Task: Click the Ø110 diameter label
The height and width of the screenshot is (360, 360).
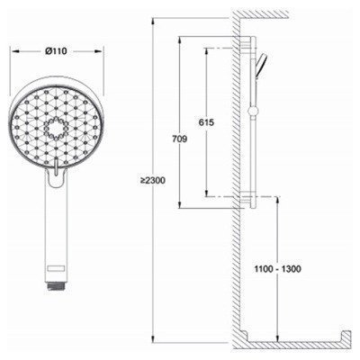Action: [56, 51]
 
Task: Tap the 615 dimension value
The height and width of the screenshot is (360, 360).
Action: [206, 122]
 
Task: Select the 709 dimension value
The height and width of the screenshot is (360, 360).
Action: [179, 139]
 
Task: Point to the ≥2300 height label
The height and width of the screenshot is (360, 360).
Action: [153, 181]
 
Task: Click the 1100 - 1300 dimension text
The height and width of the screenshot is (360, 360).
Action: [277, 269]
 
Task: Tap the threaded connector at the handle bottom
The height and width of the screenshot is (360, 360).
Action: [56, 286]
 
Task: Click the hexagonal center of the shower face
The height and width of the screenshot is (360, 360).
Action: [56, 130]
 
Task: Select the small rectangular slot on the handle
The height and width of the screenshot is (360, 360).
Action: [56, 268]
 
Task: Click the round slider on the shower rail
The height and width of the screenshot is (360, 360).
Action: [253, 112]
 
